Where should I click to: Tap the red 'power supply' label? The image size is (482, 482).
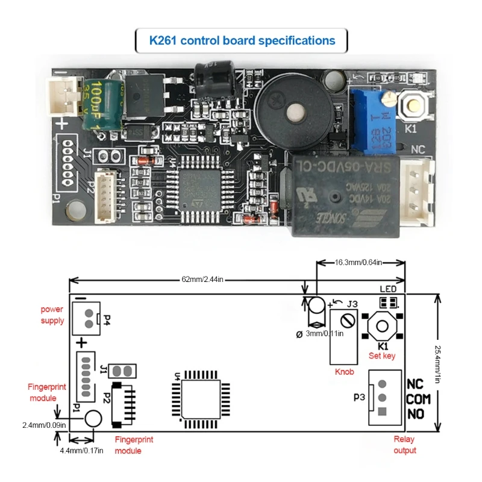(52, 315)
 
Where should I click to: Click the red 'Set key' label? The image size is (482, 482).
(382, 356)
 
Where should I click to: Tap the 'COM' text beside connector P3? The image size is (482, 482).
(419, 399)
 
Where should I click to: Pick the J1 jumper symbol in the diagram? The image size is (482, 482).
(125, 369)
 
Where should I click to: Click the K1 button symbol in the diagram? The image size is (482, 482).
(383, 327)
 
